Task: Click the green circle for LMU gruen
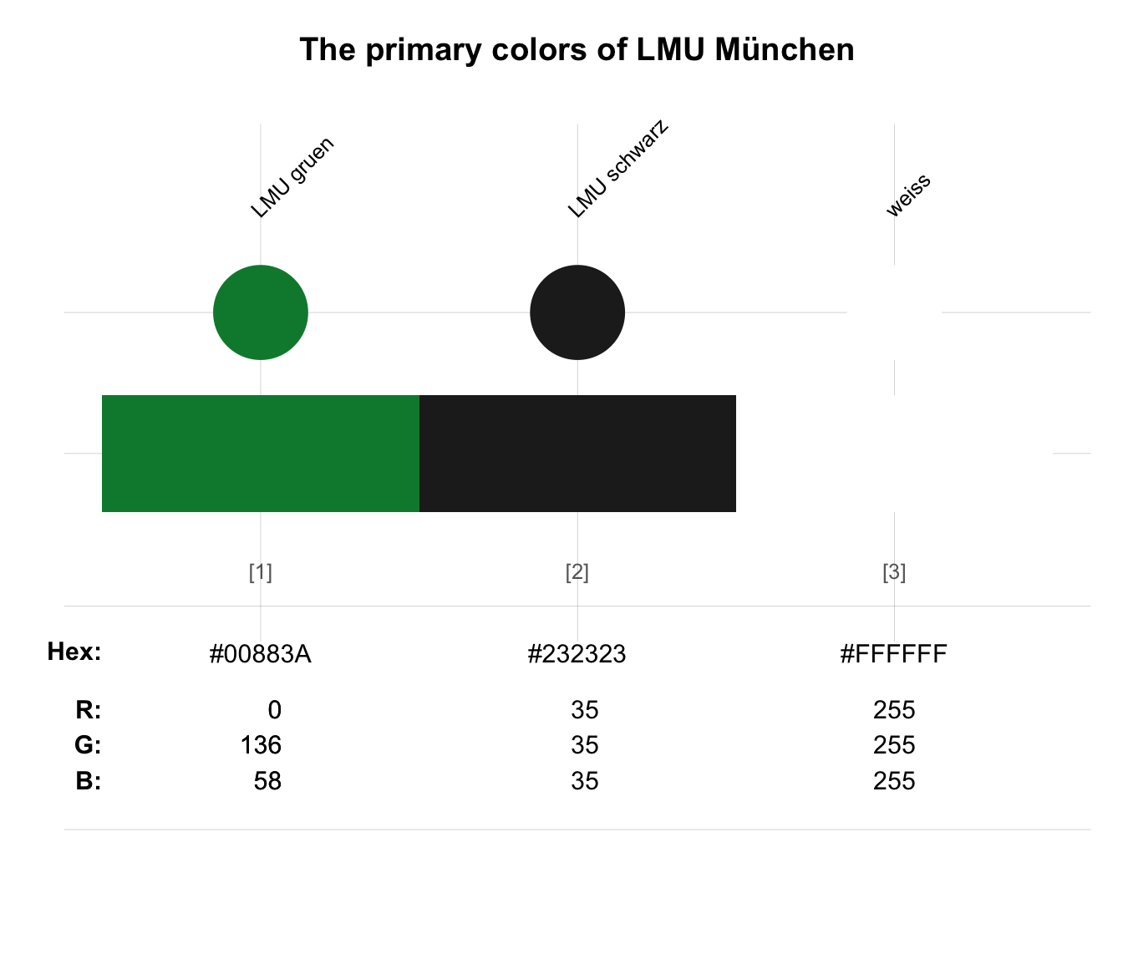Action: pyautogui.click(x=260, y=312)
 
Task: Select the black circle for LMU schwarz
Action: pyautogui.click(x=577, y=312)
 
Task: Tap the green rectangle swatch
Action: pyautogui.click(x=261, y=454)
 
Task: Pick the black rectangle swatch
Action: pyautogui.click(x=577, y=454)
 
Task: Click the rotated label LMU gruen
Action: pyautogui.click(x=292, y=178)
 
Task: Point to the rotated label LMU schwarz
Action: pyautogui.click(x=617, y=169)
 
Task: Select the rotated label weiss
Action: pyautogui.click(x=908, y=195)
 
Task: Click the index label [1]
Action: pyautogui.click(x=260, y=572)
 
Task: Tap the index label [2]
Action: pyautogui.click(x=577, y=572)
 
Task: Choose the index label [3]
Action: pyautogui.click(x=894, y=572)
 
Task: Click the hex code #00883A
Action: pyautogui.click(x=260, y=653)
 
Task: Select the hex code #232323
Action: pyautogui.click(x=577, y=653)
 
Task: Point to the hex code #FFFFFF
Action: pyautogui.click(x=894, y=653)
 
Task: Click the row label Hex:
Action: pyautogui.click(x=74, y=652)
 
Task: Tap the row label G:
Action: pyautogui.click(x=88, y=745)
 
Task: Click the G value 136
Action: pyautogui.click(x=261, y=745)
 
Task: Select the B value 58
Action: pyautogui.click(x=267, y=781)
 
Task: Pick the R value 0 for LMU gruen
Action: pyautogui.click(x=275, y=710)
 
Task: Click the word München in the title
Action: pyautogui.click(x=785, y=49)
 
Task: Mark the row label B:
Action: pyautogui.click(x=89, y=781)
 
